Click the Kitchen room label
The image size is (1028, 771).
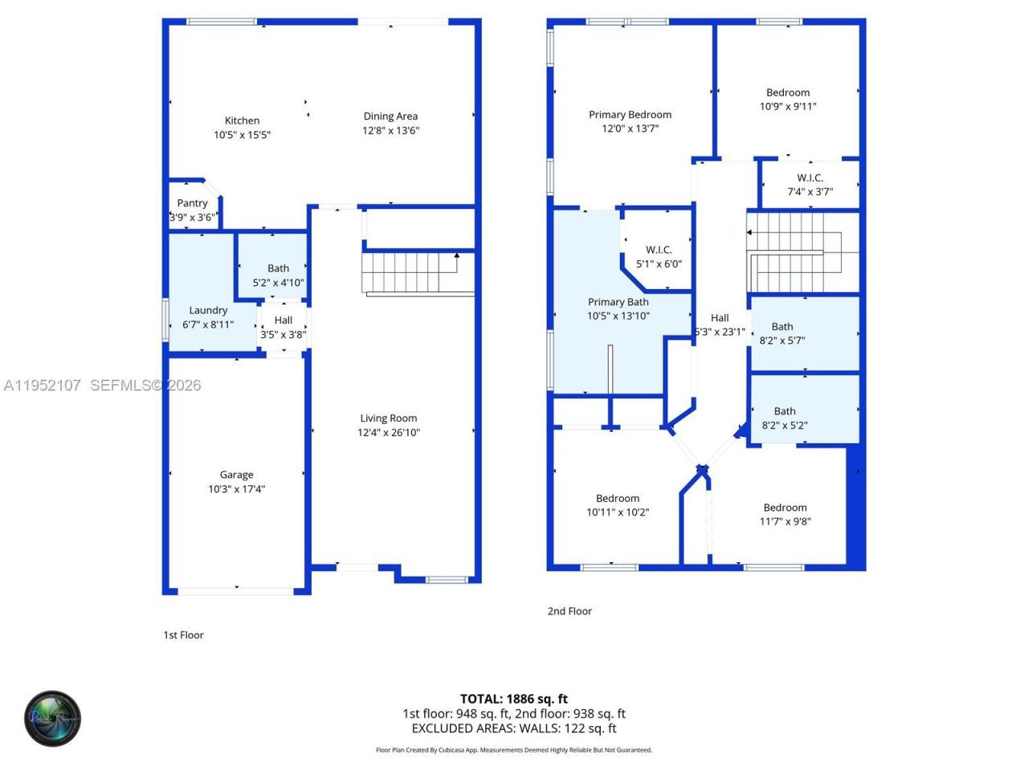tap(242, 120)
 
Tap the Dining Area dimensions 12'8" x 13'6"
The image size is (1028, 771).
tap(391, 131)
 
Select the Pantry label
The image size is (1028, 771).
tap(192, 203)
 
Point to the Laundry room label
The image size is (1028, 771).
tap(208, 310)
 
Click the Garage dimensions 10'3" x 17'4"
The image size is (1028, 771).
tap(236, 489)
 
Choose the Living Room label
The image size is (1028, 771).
tap(389, 418)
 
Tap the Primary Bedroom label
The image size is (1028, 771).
tap(630, 115)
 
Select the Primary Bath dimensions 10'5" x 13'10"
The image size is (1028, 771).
tap(618, 316)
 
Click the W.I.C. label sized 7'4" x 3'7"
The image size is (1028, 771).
tap(810, 177)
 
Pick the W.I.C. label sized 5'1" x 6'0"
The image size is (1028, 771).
tap(659, 250)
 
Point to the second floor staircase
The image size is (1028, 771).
tap(795, 252)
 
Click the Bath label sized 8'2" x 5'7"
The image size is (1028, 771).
tap(782, 326)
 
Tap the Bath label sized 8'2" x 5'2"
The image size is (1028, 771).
tap(785, 411)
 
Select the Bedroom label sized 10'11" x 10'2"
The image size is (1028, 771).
tap(618, 498)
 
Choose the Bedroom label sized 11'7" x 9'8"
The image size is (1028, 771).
tap(785, 507)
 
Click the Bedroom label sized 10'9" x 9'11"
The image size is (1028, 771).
tap(788, 92)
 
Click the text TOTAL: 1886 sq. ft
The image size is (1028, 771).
tap(514, 699)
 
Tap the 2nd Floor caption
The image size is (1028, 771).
tap(569, 611)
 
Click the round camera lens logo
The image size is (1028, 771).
tap(52, 718)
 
